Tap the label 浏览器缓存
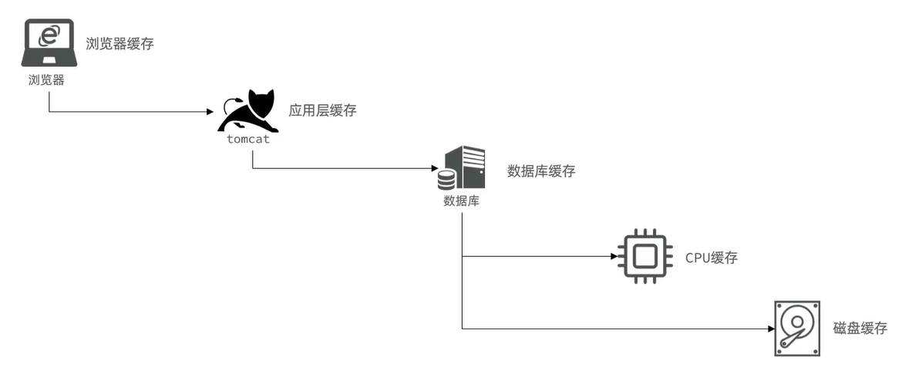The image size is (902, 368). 119,43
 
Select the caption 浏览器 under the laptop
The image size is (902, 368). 47,79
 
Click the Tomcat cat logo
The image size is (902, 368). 249,112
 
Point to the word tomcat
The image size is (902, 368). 248,140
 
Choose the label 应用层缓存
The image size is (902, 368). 322,110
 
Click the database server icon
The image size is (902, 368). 462,168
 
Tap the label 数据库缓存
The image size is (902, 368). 540,171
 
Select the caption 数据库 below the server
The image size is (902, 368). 461,201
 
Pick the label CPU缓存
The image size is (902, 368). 711,258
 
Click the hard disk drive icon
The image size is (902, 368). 796,329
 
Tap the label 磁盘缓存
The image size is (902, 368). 860,329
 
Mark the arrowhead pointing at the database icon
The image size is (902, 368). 433,168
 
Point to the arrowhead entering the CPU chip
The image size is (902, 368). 614,256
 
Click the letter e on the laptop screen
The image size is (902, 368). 49,35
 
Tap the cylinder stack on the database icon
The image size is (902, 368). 446,180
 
